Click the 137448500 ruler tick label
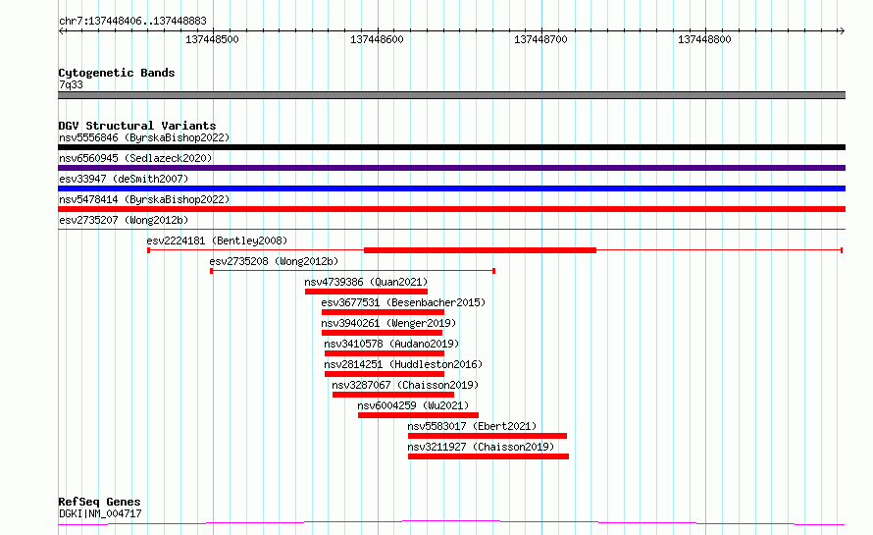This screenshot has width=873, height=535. (212, 39)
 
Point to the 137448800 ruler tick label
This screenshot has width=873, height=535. (704, 39)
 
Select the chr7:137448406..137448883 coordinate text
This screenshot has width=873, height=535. (132, 22)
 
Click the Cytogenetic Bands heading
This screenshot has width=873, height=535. (117, 73)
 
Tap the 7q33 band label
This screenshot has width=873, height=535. (71, 84)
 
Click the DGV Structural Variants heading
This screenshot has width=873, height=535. (137, 126)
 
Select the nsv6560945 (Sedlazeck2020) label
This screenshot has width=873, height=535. (135, 158)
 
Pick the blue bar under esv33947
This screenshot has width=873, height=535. (451, 188)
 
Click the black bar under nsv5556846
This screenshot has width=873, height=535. (451, 147)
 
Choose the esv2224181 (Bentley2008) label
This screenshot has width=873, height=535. (217, 241)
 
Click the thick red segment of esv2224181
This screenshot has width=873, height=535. (480, 250)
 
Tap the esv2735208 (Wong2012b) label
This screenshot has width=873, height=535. (274, 261)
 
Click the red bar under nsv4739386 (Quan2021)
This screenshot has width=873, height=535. (366, 292)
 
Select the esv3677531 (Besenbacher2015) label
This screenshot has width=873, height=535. (403, 302)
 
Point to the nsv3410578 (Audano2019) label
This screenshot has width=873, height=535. (391, 344)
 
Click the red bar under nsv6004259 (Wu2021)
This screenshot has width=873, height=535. (418, 415)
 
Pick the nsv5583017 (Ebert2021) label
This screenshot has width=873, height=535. (472, 426)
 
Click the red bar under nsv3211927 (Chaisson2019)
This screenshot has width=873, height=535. (488, 456)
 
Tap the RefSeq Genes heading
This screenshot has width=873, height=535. (100, 503)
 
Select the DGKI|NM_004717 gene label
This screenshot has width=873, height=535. (100, 513)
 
